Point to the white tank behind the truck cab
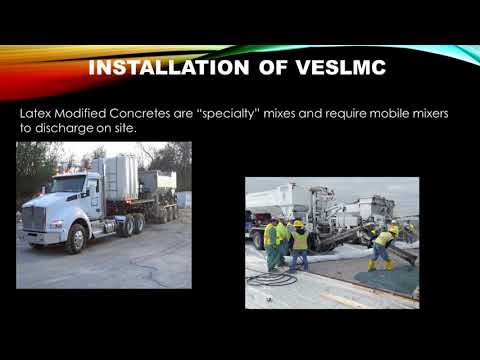tap(118, 178)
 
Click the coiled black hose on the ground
tap(272, 279)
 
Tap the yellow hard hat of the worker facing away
tap(298, 224)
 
